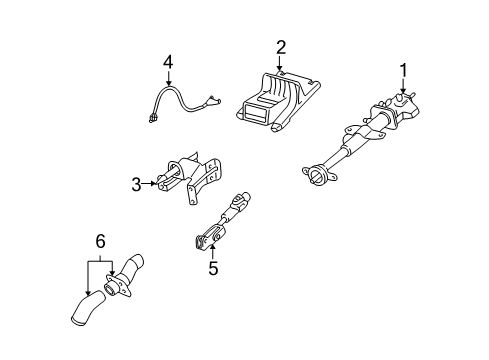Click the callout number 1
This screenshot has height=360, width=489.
[x=403, y=70]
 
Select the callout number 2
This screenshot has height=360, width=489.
[x=281, y=47]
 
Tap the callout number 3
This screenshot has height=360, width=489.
[x=136, y=185]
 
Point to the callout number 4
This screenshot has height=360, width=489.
[x=168, y=62]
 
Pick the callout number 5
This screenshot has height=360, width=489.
[x=213, y=268]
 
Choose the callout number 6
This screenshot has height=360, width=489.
[x=100, y=241]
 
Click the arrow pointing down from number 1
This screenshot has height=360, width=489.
[x=403, y=86]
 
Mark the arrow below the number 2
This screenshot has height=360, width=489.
[x=279, y=63]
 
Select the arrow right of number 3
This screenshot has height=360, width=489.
[x=149, y=183]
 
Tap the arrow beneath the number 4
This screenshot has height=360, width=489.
[x=169, y=78]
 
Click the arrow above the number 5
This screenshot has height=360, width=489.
[x=212, y=252]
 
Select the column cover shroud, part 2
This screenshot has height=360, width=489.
[x=278, y=102]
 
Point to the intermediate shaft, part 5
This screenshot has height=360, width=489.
[x=222, y=221]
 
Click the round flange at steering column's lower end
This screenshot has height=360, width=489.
[x=318, y=174]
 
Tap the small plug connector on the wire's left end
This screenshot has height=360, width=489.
[x=153, y=119]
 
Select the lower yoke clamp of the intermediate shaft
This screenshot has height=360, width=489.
[x=205, y=241]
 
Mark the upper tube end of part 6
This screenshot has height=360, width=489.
[x=137, y=259]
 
